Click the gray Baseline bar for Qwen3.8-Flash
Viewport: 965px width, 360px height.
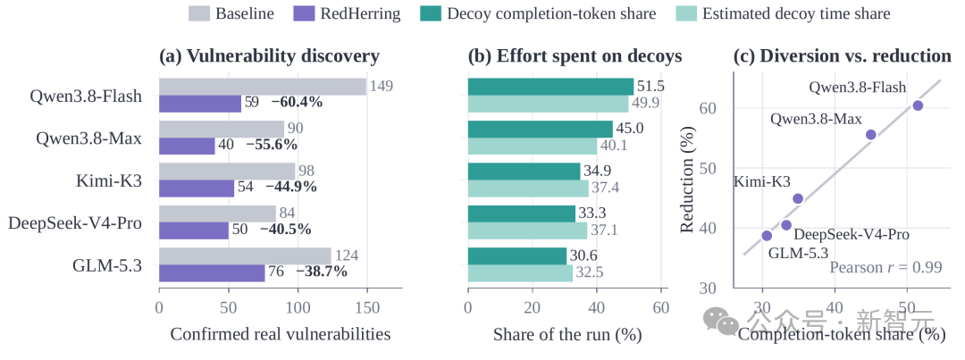point(263,87)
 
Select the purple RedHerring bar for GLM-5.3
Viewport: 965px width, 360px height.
point(213,273)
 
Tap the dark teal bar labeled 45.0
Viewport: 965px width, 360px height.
point(541,130)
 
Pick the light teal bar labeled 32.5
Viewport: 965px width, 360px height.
point(521,273)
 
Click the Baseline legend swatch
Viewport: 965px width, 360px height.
point(198,13)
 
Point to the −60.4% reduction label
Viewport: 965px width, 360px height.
point(297,103)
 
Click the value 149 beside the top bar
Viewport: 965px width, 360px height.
point(381,86)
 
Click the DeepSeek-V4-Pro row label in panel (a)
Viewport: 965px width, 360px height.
point(75,223)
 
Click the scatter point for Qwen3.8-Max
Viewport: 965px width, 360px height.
point(871,135)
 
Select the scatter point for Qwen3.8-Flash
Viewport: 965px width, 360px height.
point(918,105)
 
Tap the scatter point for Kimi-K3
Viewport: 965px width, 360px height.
point(798,199)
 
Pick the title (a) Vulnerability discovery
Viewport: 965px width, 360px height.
point(270,56)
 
